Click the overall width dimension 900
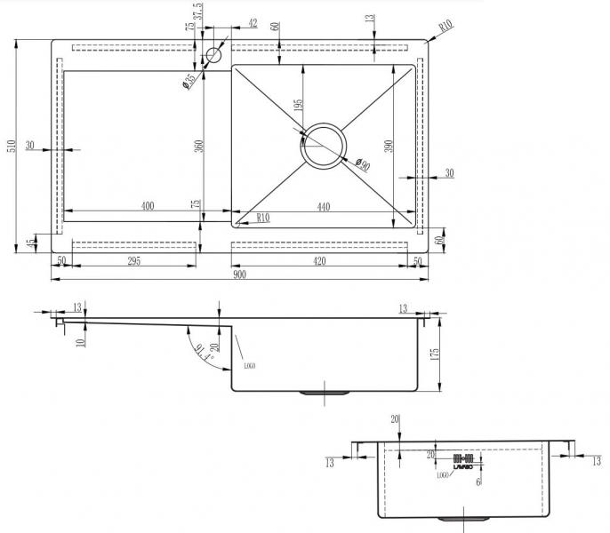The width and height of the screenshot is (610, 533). click(x=240, y=274)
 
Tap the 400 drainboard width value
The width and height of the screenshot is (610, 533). click(x=148, y=206)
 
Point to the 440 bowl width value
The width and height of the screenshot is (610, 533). click(x=324, y=206)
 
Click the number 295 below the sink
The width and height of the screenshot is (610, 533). click(x=132, y=260)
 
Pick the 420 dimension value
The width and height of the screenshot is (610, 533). click(x=319, y=260)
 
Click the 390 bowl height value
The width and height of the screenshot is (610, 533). click(x=388, y=147)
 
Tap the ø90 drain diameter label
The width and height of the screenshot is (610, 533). click(x=361, y=164)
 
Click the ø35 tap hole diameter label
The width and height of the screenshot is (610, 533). click(x=189, y=81)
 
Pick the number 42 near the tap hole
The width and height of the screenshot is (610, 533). click(x=253, y=23)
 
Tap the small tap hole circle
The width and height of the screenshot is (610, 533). click(x=213, y=56)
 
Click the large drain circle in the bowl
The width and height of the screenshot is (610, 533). click(x=325, y=144)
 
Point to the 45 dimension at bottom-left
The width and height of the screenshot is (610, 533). click(x=31, y=243)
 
